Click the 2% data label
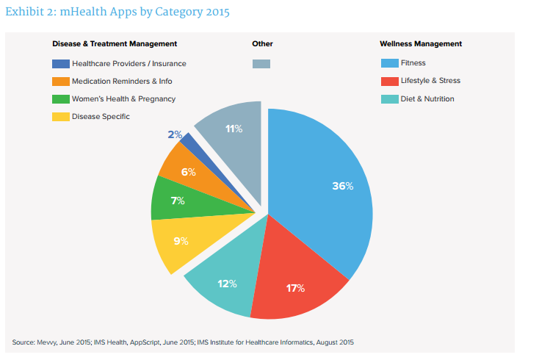pos(174,134)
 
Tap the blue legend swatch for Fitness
pos(389,63)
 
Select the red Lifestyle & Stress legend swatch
pos(389,81)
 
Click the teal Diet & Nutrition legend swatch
pos(389,98)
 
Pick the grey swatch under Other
pos(261,63)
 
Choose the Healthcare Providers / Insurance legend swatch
pos(61,63)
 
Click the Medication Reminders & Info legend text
pos(122,81)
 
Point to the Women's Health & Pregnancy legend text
pos(123,98)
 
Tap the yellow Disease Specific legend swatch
pos(61,116)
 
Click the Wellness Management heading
pos(421,44)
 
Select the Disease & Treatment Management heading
pos(115,44)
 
